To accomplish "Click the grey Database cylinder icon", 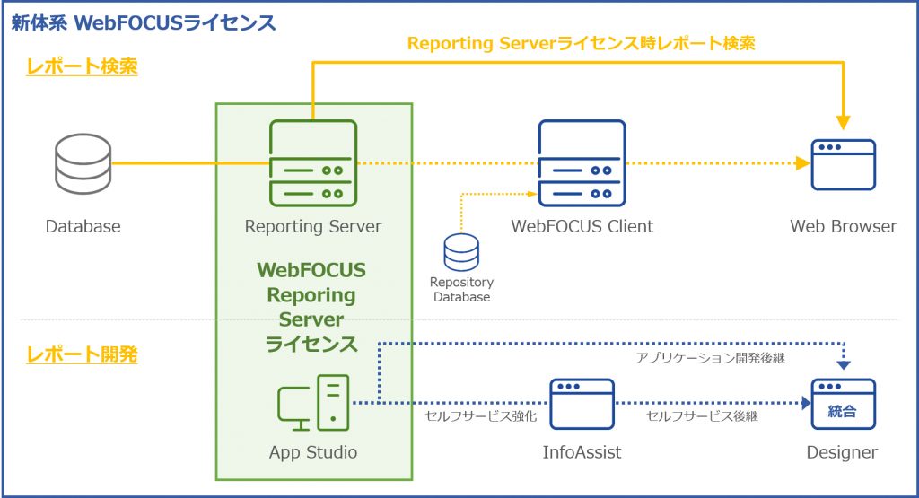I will click(83, 163).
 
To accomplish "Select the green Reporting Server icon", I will click(312, 163).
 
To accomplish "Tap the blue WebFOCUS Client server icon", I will click(582, 163).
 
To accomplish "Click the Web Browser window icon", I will click(843, 164).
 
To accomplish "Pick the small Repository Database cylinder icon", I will click(461, 251).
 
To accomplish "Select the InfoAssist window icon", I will click(582, 404).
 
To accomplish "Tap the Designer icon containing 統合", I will click(843, 404).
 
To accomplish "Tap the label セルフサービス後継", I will click(702, 416).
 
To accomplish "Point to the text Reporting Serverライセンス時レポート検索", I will click(581, 42).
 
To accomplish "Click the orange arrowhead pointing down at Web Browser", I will click(843, 121).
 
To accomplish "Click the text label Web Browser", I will click(843, 226).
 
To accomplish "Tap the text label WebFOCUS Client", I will click(582, 226).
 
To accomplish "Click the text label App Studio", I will click(312, 452).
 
